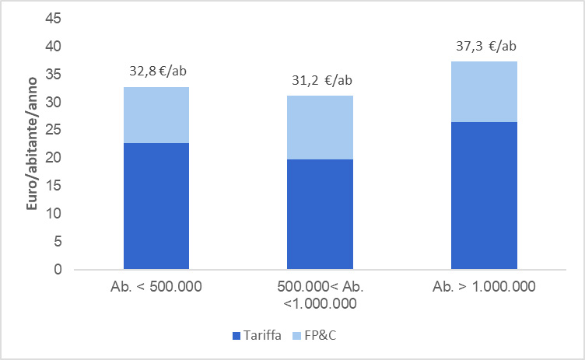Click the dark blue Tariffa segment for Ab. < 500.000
point(156,206)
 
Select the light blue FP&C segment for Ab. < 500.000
point(156,115)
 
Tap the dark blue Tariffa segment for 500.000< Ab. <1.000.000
point(320,214)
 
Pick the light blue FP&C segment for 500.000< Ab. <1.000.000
point(320,128)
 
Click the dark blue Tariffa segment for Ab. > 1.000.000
point(485,195)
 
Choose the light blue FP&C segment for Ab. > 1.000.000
point(485,92)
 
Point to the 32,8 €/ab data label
point(157,72)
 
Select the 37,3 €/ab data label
point(485,46)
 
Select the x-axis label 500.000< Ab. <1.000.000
point(321,295)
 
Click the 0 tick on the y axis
point(58,270)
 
